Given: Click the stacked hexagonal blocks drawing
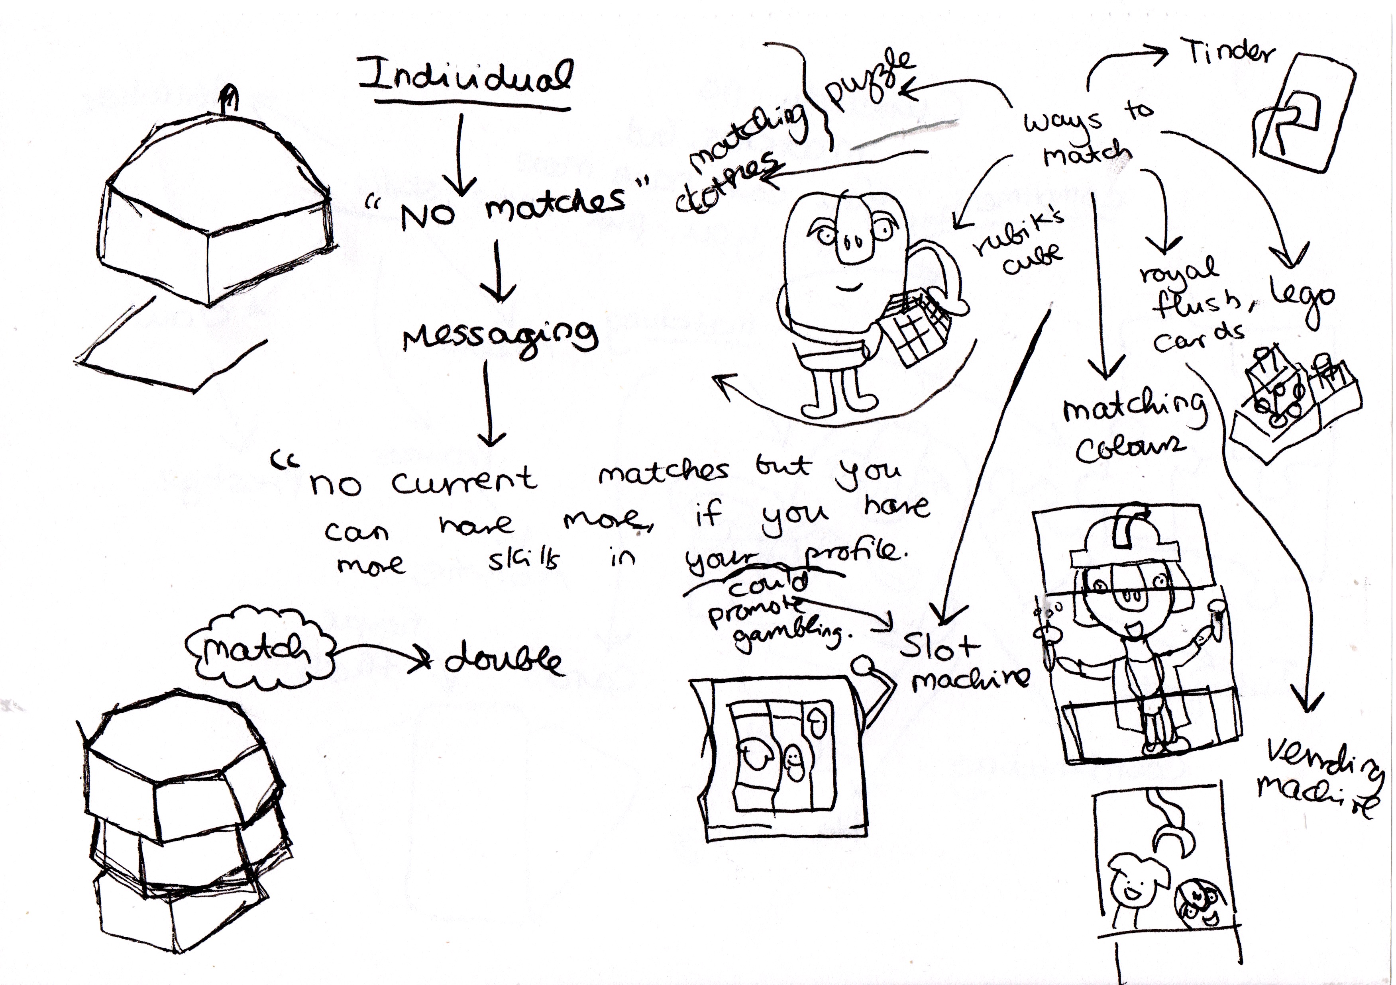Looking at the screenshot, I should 183,814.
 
